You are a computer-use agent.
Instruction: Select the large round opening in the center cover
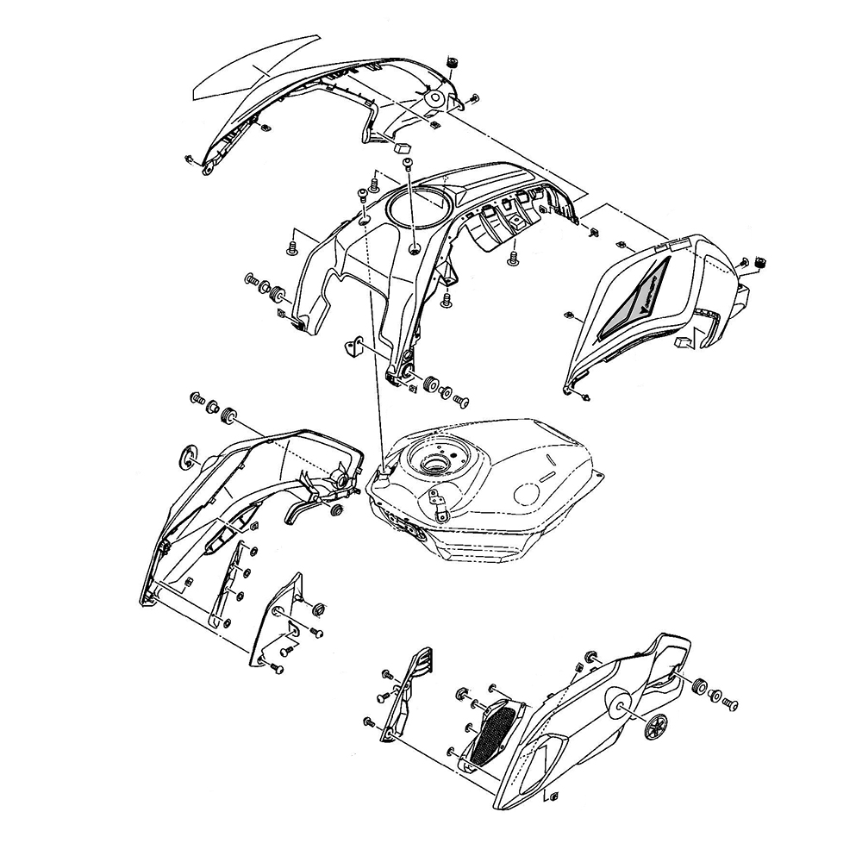tap(419, 207)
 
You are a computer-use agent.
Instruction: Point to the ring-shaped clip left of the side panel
tap(187, 457)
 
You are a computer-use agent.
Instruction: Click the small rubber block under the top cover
tap(401, 148)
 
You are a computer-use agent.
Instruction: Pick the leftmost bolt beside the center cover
tap(252, 281)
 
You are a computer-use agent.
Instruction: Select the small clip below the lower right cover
tap(553, 795)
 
